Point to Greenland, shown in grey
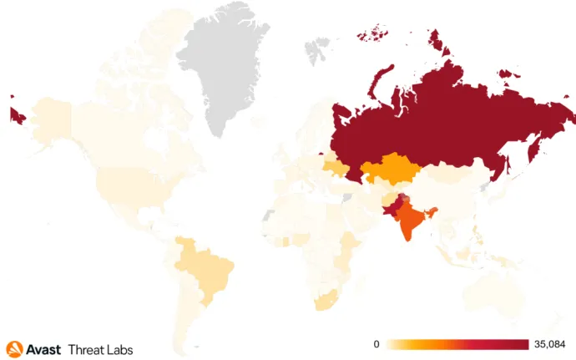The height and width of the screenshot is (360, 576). pos(225,67)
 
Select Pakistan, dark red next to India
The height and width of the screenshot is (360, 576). pos(392,206)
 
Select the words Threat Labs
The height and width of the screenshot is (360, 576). pos(100,349)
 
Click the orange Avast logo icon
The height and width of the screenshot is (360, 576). pos(13,348)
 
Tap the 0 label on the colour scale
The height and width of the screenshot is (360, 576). pos(376,344)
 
